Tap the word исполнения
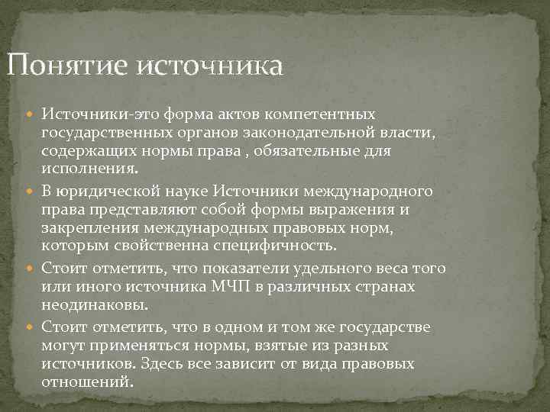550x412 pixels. tap(89, 169)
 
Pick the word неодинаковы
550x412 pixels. tap(95, 304)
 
